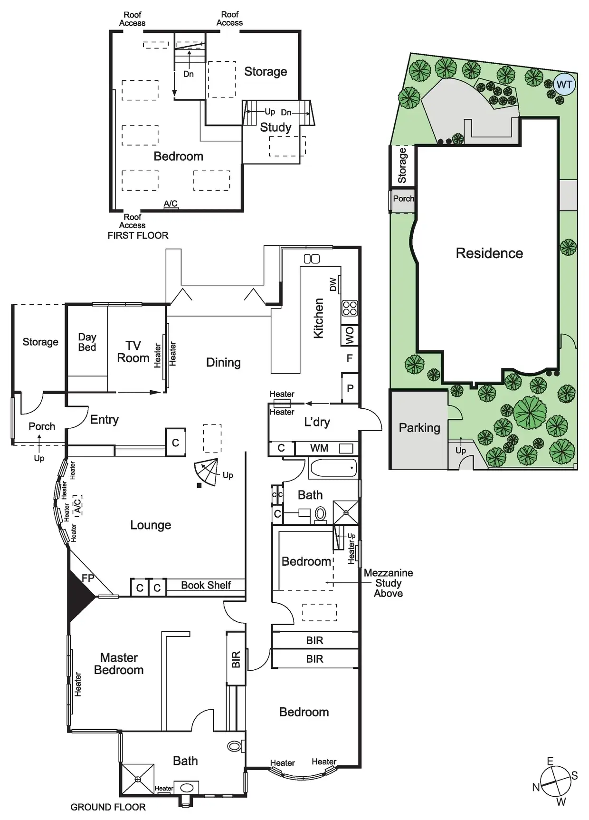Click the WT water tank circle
564,85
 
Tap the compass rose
554,781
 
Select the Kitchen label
319,318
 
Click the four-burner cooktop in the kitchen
350,309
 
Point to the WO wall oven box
350,336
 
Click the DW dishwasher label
333,284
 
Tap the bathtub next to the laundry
333,468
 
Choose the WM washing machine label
319,448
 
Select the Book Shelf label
206,585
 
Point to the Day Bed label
87,342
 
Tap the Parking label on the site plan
419,428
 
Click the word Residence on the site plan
489,253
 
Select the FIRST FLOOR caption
138,235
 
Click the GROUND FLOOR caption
108,807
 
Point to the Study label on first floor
275,127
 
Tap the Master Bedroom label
119,664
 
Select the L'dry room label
317,422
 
